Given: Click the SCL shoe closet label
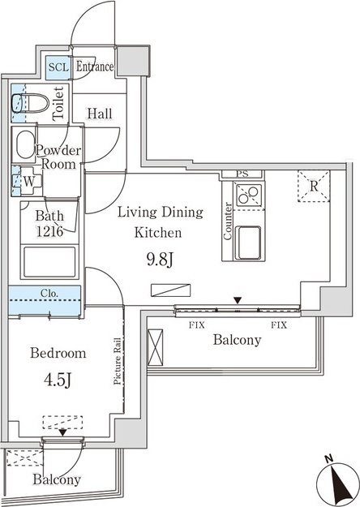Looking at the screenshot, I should tap(58, 67).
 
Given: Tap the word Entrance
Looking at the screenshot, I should tap(95, 67).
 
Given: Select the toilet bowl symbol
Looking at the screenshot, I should tap(30, 104).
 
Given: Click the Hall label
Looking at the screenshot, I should tap(101, 114).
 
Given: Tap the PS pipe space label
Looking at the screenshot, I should tap(242, 174).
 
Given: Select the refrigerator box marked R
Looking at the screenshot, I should tap(314, 186).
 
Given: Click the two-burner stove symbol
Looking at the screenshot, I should tap(247, 195).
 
